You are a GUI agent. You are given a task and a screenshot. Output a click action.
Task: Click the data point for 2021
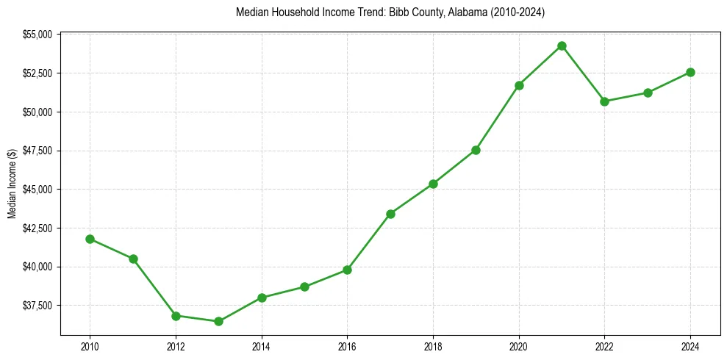pos(562,46)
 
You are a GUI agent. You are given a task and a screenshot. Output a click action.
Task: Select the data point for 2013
pos(218,321)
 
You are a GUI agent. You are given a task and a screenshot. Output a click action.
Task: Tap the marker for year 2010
pos(90,239)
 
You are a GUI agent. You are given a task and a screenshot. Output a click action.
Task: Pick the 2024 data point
pos(690,72)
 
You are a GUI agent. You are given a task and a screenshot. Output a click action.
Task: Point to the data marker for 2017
pos(390,214)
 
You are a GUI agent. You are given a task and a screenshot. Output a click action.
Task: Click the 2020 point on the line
pos(519,85)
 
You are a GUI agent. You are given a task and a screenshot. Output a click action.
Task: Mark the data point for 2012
pos(176,316)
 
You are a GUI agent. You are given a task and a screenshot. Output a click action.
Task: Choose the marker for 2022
pos(604,101)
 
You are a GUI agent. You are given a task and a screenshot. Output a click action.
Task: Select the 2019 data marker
pos(476,150)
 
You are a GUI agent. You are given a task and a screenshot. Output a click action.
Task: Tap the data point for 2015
pos(304,287)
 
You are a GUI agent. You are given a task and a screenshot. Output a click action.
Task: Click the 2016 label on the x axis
pos(347,347)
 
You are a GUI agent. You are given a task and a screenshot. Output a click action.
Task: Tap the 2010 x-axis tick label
pos(90,347)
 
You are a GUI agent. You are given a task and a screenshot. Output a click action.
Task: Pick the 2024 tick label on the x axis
pos(690,347)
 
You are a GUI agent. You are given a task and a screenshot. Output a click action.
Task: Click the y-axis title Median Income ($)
pos(12,184)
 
